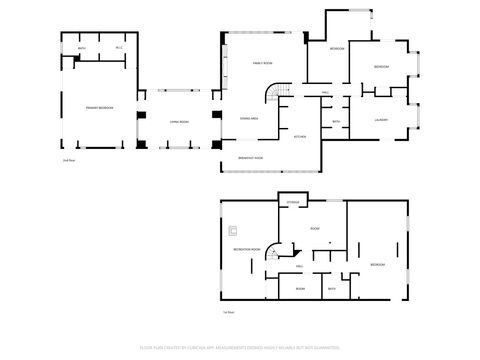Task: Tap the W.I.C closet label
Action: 118,48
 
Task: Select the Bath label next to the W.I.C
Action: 82,48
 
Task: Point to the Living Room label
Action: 179,121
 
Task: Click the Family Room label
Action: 262,63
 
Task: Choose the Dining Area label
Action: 250,118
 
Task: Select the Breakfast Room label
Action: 252,158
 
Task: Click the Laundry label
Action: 381,120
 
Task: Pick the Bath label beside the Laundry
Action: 336,122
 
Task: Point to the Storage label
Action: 293,202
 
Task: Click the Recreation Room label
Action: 247,248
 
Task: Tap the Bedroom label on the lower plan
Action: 377,264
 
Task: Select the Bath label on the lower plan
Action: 332,289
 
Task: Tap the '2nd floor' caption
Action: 69,159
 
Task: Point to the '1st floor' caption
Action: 228,313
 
